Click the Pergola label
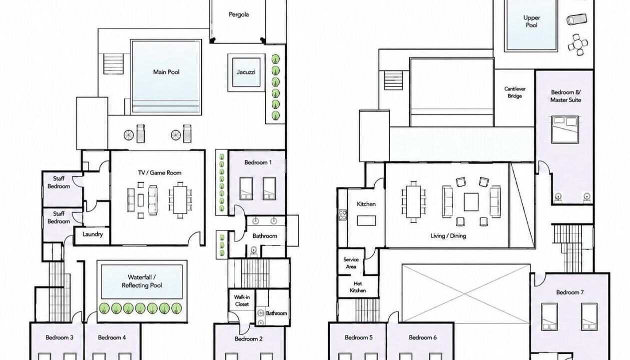tap(238, 14)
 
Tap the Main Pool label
tap(166, 72)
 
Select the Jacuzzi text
tap(246, 72)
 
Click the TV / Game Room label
tap(159, 172)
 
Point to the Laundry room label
tap(92, 234)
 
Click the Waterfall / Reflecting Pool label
tap(142, 281)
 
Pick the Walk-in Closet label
tap(242, 300)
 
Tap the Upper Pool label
tap(532, 21)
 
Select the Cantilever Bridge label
tap(515, 92)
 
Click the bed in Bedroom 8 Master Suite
tap(565, 129)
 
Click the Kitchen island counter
tap(366, 220)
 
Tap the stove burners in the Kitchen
tap(343, 215)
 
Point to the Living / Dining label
tap(448, 236)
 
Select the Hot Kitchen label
tap(358, 287)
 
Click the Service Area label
tap(351, 263)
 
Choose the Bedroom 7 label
tap(570, 292)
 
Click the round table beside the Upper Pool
tap(578, 44)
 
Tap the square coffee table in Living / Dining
tap(471, 202)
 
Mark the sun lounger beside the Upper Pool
tap(577, 19)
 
